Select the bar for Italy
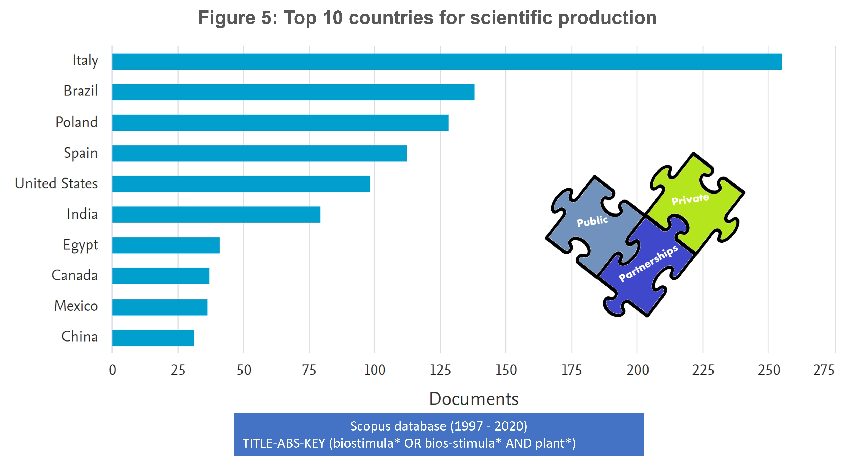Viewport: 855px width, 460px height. [x=447, y=62]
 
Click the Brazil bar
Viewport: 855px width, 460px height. [x=293, y=92]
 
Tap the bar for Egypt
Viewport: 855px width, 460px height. [x=166, y=245]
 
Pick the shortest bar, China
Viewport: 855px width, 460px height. [x=153, y=338]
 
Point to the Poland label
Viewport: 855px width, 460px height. [x=76, y=122]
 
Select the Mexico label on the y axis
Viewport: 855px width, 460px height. [x=76, y=306]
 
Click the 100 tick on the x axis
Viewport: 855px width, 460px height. [x=374, y=370]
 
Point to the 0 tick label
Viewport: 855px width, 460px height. [x=112, y=370]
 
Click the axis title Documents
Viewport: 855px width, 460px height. [x=474, y=399]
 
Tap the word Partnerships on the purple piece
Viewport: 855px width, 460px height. [x=648, y=263]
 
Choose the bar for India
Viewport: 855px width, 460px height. [x=216, y=215]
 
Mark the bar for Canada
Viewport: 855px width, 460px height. [x=161, y=276]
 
